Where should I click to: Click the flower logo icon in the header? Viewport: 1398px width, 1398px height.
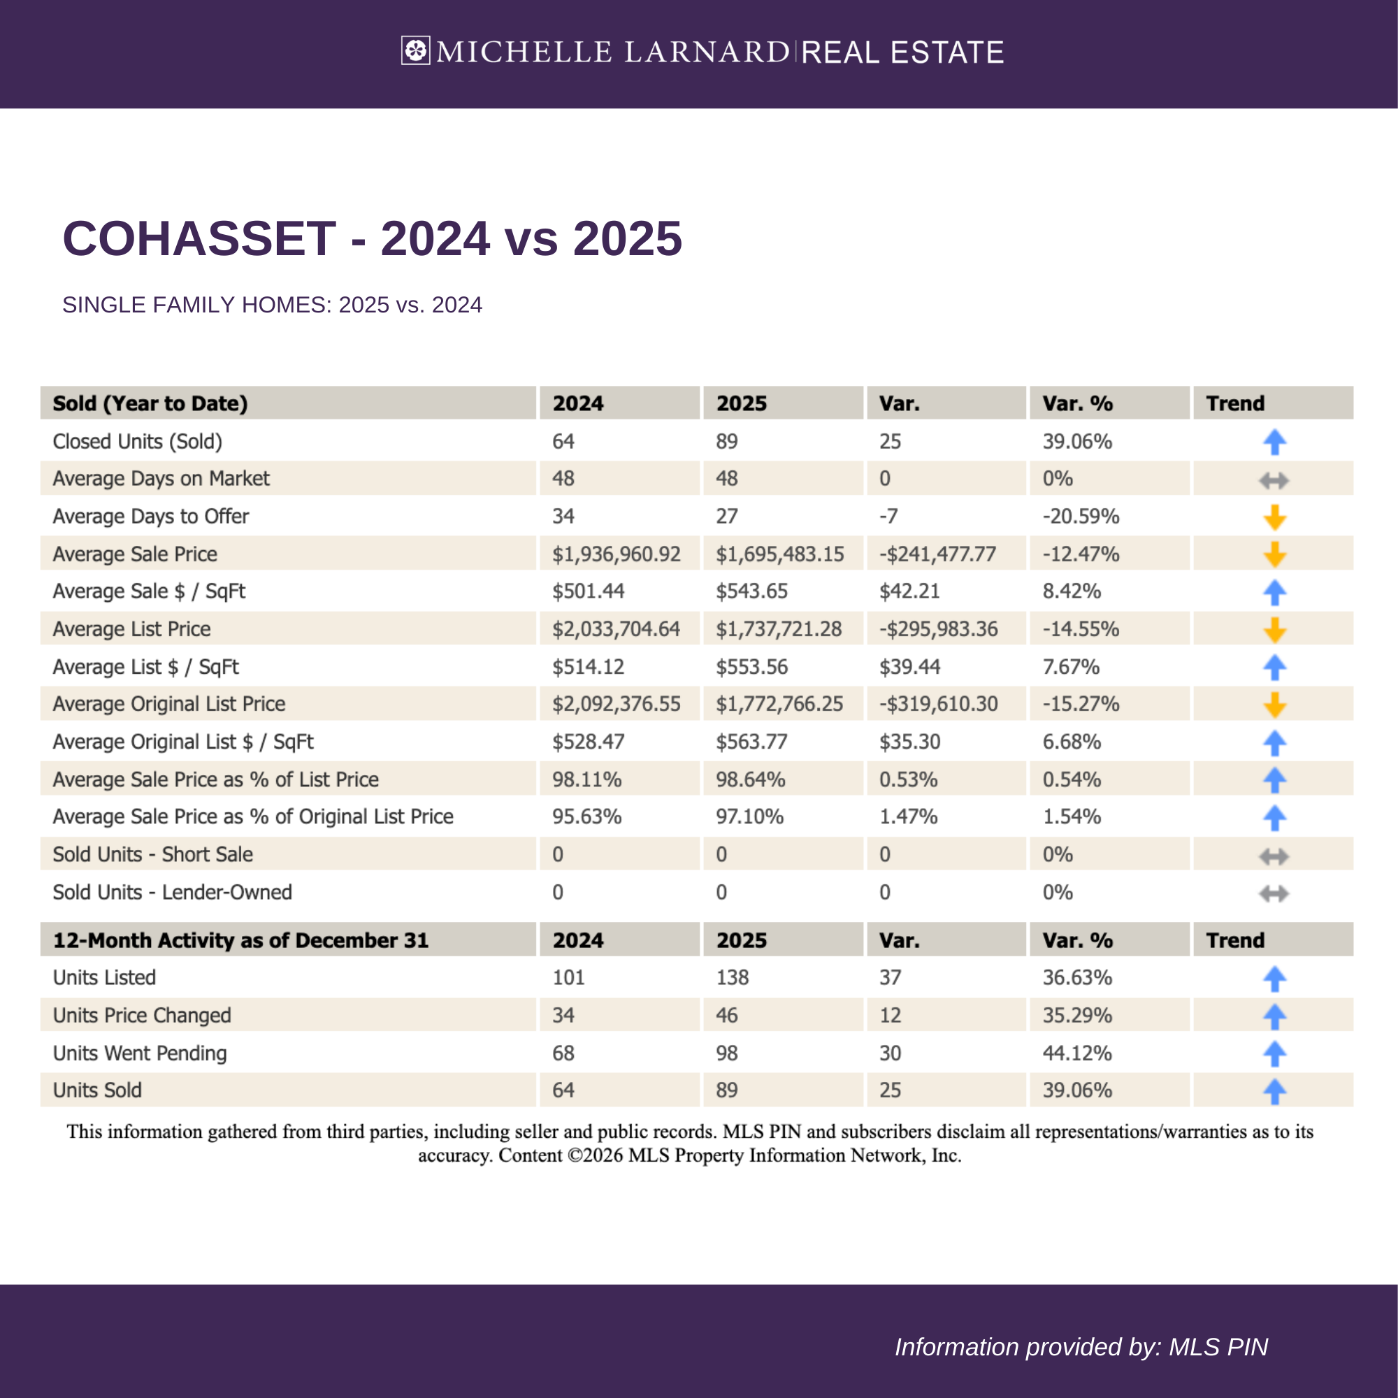415,50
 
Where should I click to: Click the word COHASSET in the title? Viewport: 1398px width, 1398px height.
199,238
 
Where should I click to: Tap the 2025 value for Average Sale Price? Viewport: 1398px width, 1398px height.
779,554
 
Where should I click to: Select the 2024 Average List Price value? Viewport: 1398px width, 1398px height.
616,629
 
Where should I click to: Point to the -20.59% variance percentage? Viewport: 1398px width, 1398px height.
1081,517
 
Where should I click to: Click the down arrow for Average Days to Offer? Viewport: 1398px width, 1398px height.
1274,517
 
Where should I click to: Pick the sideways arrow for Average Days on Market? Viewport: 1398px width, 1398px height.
1274,480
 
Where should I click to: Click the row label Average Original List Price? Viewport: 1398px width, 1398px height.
168,704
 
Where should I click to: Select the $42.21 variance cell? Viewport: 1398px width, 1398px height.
909,591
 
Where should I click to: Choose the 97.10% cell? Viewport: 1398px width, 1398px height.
749,817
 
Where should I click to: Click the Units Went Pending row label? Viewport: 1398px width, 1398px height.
140,1053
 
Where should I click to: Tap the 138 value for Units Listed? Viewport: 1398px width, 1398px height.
733,978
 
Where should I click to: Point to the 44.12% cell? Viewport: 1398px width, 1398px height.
1076,1053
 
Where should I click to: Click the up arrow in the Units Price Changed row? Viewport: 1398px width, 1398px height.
1274,1016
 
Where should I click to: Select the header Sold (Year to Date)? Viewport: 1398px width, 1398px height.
150,403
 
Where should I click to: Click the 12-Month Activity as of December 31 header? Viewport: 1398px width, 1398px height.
240,940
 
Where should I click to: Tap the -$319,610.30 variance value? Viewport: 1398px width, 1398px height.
939,704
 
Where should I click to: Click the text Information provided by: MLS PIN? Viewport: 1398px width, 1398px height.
1081,1347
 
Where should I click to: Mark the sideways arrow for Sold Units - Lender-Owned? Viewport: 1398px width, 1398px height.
1274,893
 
